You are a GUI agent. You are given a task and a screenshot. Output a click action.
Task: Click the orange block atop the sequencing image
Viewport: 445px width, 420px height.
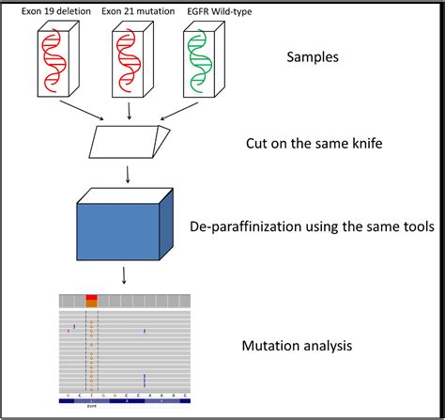tap(91, 301)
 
